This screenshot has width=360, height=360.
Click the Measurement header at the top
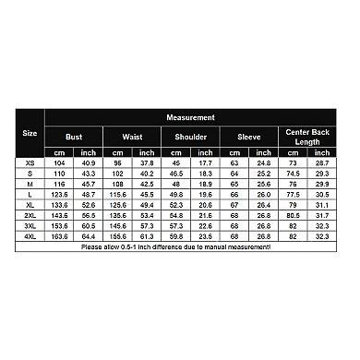tap(191, 118)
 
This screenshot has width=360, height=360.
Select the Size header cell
tap(30, 134)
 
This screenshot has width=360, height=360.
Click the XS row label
tap(30, 162)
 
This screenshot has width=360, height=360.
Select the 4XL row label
tap(30, 237)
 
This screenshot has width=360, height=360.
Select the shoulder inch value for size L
tap(205, 195)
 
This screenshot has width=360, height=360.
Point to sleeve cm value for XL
tap(234, 205)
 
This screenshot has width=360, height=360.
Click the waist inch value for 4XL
tap(147, 237)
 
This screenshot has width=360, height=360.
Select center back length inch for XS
tap(321, 162)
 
